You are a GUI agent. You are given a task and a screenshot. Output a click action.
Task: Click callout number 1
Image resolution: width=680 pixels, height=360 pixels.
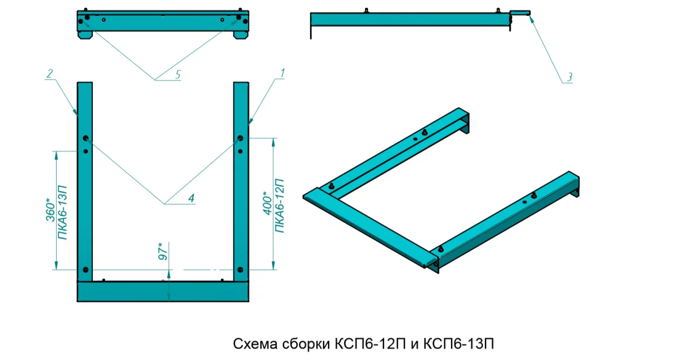(282, 73)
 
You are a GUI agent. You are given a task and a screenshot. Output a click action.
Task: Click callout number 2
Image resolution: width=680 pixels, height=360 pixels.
(50, 73)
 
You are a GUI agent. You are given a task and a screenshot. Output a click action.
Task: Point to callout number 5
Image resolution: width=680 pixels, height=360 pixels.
(177, 74)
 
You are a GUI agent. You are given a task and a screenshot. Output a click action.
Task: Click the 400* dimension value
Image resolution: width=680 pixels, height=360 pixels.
(266, 204)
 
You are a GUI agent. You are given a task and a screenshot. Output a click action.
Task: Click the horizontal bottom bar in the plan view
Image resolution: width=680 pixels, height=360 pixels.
(163, 291)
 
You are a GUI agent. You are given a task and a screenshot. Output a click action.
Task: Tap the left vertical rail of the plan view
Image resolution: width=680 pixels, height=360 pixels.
(84, 181)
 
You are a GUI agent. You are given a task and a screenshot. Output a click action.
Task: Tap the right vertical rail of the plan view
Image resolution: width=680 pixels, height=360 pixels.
(241, 181)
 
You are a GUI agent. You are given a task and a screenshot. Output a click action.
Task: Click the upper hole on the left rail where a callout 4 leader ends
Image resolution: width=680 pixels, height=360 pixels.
(86, 139)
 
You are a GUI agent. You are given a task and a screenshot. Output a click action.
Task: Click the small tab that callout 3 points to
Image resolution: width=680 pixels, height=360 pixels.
(521, 12)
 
